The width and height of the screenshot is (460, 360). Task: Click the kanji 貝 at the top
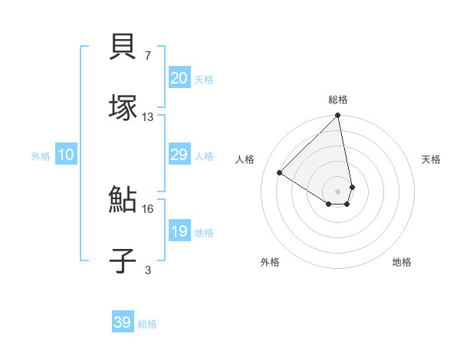tap(123, 47)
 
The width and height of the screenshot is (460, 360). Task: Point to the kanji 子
tap(123, 260)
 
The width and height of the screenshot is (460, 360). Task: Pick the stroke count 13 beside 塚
tap(148, 116)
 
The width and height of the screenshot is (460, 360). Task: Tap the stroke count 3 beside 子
tap(148, 270)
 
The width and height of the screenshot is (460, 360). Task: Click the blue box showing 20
tap(179, 78)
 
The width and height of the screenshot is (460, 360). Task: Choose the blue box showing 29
tap(179, 155)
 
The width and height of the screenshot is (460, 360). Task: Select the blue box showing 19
tap(179, 231)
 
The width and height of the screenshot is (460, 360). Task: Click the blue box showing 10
tap(66, 155)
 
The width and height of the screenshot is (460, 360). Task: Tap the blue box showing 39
tap(123, 322)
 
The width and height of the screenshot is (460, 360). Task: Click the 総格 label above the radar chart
tap(338, 100)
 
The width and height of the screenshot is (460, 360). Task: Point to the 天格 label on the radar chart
tap(431, 159)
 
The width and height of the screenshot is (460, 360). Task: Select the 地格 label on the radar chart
tap(402, 262)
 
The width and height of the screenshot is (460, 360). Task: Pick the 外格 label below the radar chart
tap(270, 262)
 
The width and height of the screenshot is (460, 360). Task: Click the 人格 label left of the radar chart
tap(245, 159)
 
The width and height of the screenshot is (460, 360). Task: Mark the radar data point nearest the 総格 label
tap(337, 116)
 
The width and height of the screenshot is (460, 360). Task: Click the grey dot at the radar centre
tap(337, 190)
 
